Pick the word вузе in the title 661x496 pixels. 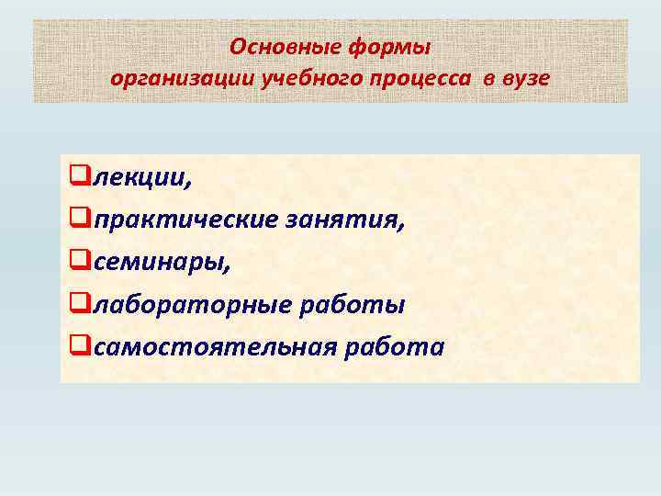pos(526,78)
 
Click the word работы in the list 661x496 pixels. pos(355,304)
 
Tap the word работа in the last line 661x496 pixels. pos(401,347)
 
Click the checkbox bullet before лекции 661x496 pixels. pos(79,175)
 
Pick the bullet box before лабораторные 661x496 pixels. pos(79,303)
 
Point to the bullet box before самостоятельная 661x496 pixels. pos(79,345)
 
